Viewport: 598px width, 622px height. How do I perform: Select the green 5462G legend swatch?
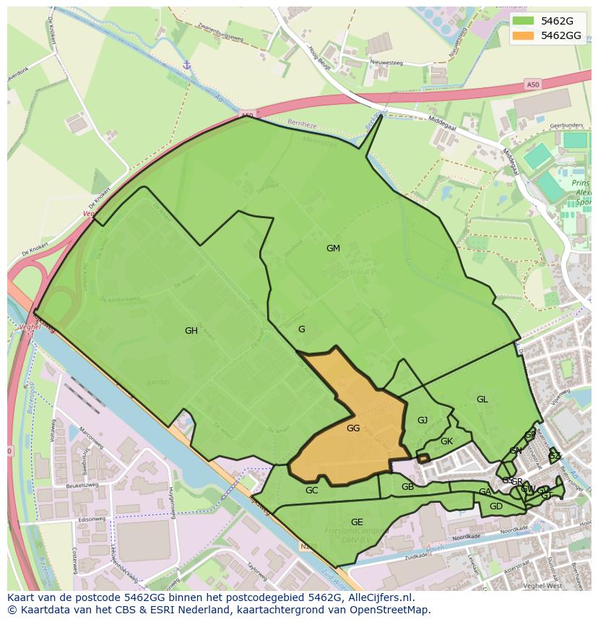pyautogui.click(x=524, y=20)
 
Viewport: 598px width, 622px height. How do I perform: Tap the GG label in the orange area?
pyautogui.click(x=353, y=428)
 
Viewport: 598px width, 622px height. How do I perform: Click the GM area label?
pyautogui.click(x=333, y=249)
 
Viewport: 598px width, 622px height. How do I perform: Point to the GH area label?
pyautogui.click(x=191, y=331)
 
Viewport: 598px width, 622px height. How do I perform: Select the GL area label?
pyautogui.click(x=482, y=399)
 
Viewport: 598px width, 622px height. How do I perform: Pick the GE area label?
pyautogui.click(x=357, y=522)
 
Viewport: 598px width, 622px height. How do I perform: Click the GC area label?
pyautogui.click(x=311, y=491)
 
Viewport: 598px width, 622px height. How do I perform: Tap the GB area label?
pyautogui.click(x=407, y=487)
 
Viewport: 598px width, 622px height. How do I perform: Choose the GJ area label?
pyautogui.click(x=422, y=420)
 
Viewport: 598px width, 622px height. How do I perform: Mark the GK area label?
pyautogui.click(x=446, y=441)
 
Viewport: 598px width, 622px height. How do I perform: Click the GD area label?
pyautogui.click(x=496, y=506)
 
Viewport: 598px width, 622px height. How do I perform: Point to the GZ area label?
pyautogui.click(x=554, y=456)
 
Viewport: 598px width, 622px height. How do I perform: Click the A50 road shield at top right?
pyautogui.click(x=532, y=85)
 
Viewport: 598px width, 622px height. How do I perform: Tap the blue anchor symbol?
pyautogui.click(x=186, y=66)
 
